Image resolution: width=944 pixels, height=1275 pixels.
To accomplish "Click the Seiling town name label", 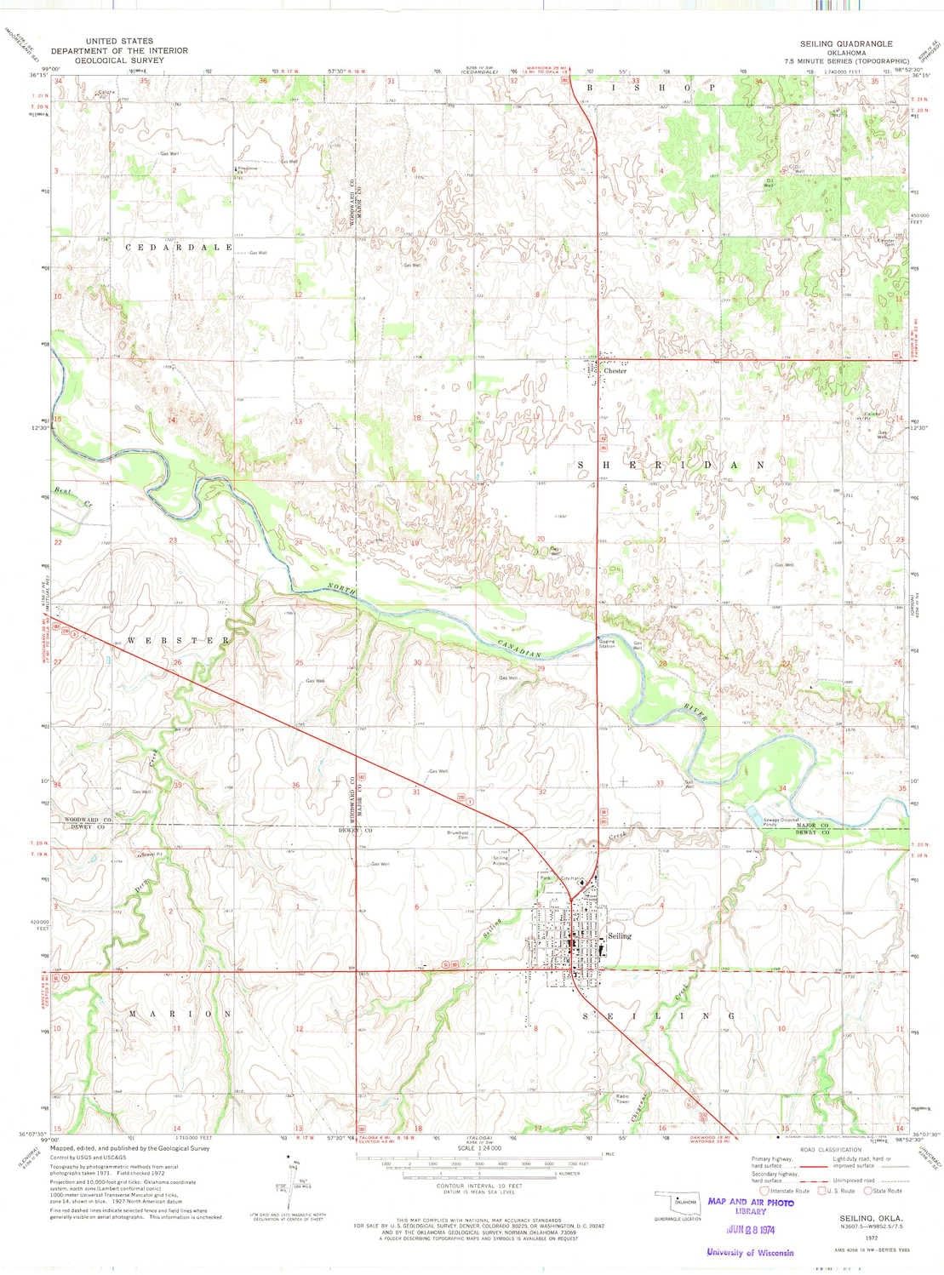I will point(620,935).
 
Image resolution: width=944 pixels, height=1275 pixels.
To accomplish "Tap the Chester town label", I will point(615,371).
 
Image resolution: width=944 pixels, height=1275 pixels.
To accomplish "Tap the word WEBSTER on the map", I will point(180,638).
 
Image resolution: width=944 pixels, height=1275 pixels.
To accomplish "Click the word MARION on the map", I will point(180,1015).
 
